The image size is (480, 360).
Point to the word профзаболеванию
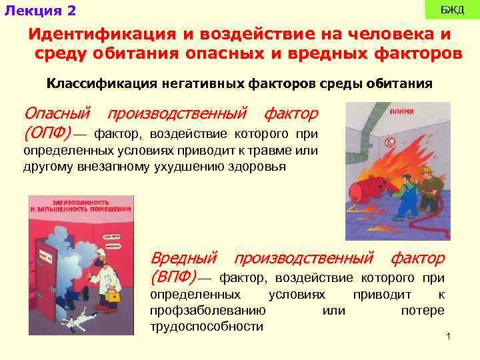click(209, 311)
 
